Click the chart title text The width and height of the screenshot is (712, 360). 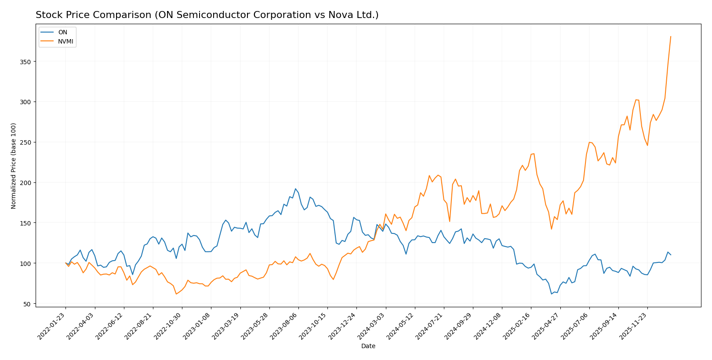pos(207,15)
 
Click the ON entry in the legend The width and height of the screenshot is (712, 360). pos(63,33)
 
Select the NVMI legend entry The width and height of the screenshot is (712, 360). pos(65,42)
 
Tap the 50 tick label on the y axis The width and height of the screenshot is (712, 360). pos(27,304)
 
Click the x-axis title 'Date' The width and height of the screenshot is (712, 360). pos(368,346)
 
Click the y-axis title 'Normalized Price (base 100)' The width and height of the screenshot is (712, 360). pos(14,166)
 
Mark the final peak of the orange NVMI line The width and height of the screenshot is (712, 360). pos(671,36)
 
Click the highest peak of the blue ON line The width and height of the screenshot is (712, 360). pos(295,189)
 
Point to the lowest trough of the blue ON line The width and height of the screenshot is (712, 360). pos(552,294)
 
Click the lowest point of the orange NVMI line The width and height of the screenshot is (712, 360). pos(176,294)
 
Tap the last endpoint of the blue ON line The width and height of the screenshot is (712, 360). pos(671,255)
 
